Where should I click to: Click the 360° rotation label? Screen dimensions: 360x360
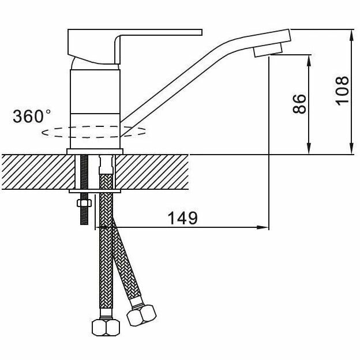click(32, 116)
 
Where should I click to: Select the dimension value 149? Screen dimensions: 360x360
click(182, 218)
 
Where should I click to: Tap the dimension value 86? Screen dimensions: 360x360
click(299, 104)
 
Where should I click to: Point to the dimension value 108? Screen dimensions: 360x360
click(342, 91)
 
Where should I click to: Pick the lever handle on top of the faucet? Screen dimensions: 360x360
click(135, 46)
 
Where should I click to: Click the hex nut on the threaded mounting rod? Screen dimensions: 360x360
click(84, 203)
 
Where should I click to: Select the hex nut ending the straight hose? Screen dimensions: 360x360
click(106, 328)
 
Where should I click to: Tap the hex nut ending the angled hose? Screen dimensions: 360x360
click(141, 315)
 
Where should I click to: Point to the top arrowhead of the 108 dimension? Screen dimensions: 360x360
click(351, 36)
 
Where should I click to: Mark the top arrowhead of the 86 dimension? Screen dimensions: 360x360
click(309, 61)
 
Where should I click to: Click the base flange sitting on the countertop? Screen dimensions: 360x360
click(95, 152)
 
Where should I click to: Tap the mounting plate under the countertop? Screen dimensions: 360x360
click(95, 192)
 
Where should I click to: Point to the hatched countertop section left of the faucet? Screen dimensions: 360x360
click(38, 172)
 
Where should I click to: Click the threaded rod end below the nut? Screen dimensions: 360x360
click(84, 216)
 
